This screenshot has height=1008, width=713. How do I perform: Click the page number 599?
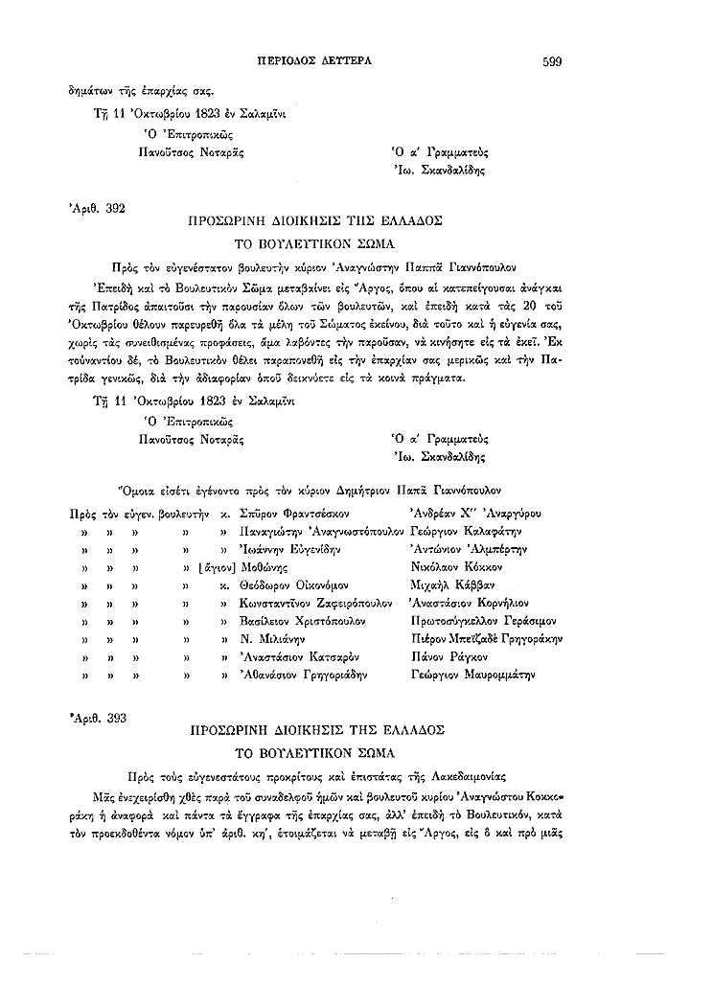[551, 61]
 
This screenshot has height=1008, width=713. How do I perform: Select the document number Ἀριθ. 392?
[97, 206]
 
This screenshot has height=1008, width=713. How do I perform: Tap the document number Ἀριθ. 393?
[97, 716]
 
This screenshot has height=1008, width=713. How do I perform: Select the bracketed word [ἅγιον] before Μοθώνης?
[216, 566]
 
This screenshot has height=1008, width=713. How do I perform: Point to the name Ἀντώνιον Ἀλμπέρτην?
[461, 548]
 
